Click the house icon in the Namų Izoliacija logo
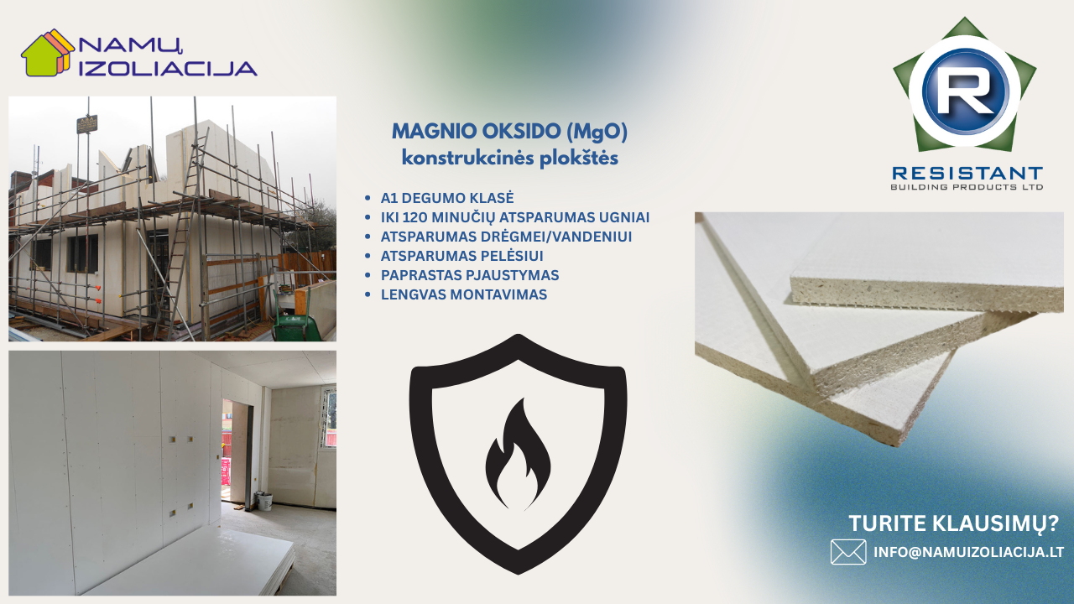tap(48, 53)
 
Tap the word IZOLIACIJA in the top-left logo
tap(168, 69)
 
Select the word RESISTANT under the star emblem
tap(967, 173)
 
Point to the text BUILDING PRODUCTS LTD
tap(967, 187)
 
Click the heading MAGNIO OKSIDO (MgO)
tap(509, 132)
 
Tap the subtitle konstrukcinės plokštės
tap(509, 158)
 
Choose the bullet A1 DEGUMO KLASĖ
tap(447, 198)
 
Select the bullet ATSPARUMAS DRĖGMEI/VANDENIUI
tap(506, 237)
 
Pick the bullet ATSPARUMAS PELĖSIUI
tap(461, 256)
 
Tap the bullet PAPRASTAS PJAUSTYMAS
tap(470, 275)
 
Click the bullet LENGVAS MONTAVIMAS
tap(464, 294)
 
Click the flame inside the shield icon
tap(518, 455)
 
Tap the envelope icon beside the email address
tap(848, 552)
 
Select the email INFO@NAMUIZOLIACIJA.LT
tap(968, 552)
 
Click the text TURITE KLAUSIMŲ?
tap(954, 523)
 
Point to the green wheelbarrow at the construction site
tap(297, 322)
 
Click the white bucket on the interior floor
tap(264, 501)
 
